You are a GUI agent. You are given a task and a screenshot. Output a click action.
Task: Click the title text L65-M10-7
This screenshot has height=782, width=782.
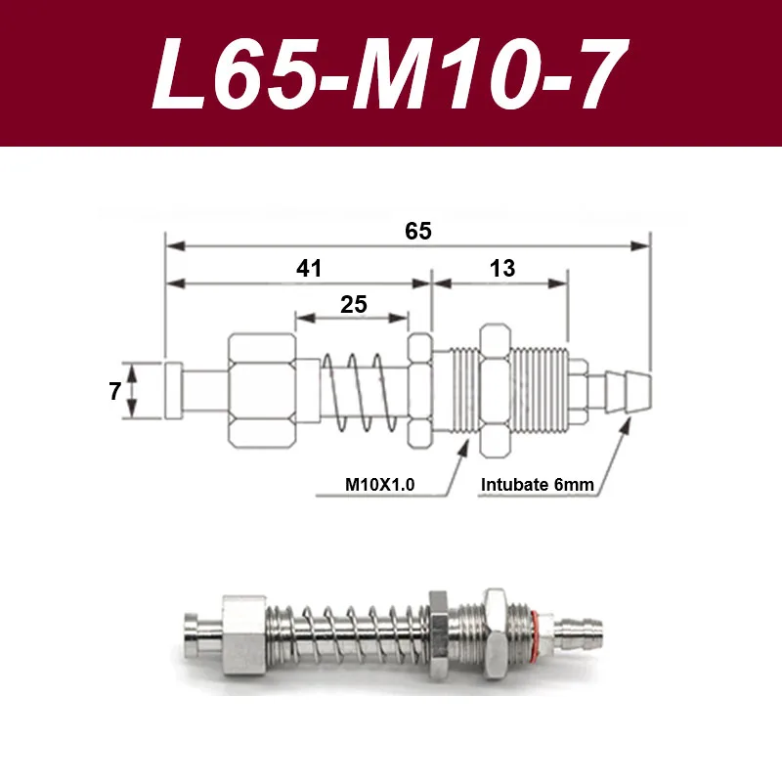click(x=390, y=74)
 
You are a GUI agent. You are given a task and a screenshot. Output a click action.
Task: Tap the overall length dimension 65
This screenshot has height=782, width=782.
click(x=418, y=231)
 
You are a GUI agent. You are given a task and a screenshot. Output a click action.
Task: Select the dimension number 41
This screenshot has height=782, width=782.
click(x=309, y=268)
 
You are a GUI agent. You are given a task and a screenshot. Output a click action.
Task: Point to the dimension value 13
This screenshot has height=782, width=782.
click(x=502, y=268)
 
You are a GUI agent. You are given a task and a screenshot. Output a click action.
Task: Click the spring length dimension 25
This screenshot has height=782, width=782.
click(x=354, y=304)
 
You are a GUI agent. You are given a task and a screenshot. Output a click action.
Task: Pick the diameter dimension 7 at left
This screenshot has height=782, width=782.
click(x=114, y=391)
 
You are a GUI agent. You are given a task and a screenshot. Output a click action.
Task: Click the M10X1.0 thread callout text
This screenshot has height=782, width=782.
click(x=379, y=484)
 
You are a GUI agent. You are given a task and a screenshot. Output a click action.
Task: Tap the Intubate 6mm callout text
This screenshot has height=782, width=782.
click(x=537, y=484)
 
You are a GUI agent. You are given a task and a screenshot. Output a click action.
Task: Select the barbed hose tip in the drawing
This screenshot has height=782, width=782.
click(x=628, y=392)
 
